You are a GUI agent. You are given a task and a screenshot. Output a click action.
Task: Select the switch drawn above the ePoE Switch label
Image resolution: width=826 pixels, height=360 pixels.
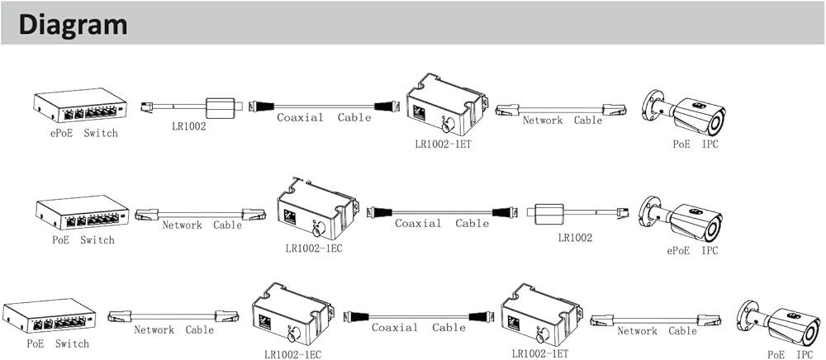point(79,107)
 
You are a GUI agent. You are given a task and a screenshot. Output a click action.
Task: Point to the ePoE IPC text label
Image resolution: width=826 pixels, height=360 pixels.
point(692,250)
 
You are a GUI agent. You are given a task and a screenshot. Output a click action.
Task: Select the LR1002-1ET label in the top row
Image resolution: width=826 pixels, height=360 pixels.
point(443,144)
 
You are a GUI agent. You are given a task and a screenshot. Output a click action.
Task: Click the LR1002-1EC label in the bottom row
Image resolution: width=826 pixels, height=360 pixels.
point(292,354)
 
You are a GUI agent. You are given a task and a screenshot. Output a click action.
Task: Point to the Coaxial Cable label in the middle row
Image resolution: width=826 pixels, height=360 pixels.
point(441,223)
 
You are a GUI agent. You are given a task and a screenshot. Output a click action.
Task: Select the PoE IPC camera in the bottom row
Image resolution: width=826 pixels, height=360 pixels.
point(776,321)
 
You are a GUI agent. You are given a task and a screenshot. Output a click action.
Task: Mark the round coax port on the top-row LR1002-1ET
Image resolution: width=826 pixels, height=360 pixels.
point(447,127)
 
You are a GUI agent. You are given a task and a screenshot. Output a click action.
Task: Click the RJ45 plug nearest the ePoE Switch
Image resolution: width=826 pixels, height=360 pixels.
point(145,107)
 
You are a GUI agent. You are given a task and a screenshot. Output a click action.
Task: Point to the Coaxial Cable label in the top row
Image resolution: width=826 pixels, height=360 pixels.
point(323,118)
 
